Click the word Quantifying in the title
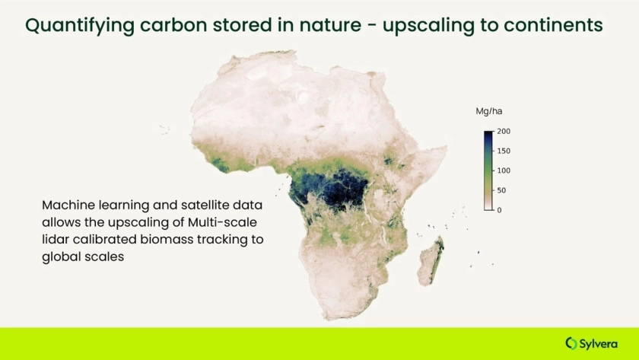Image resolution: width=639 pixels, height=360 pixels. click(x=80, y=26)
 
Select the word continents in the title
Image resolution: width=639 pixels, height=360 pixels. click(x=553, y=25)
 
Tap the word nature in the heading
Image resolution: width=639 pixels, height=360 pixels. click(x=330, y=25)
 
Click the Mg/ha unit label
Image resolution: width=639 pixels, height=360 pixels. click(x=488, y=111)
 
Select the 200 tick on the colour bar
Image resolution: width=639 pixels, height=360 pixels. click(x=504, y=131)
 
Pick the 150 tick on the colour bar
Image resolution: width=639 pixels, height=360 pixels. click(x=504, y=151)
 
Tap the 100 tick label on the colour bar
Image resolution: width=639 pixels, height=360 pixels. click(x=504, y=170)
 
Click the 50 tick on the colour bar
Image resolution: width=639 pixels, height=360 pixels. click(x=501, y=190)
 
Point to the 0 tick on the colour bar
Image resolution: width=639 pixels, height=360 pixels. click(x=499, y=210)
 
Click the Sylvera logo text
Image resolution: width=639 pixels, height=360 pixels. click(x=598, y=344)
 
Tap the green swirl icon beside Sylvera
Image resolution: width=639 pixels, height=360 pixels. click(x=571, y=343)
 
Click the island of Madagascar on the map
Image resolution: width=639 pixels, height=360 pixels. click(x=431, y=261)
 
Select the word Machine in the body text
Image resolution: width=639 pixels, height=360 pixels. click(x=68, y=205)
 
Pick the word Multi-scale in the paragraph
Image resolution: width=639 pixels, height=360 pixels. click(x=222, y=222)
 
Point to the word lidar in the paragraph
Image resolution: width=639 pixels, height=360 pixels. click(x=56, y=239)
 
